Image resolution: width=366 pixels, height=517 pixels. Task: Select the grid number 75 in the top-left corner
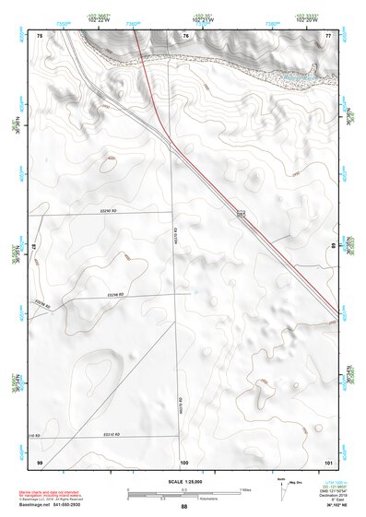pos(40,35)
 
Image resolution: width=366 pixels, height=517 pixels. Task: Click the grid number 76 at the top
pos(186,35)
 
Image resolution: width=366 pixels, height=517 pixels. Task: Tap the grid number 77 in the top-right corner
pos(328,35)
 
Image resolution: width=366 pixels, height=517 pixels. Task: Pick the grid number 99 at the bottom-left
pos(40,460)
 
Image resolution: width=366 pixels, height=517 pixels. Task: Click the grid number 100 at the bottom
pos(184,460)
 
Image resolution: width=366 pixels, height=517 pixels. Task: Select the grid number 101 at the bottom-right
pos(327,460)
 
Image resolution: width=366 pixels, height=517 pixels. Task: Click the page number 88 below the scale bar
pos(184,506)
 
